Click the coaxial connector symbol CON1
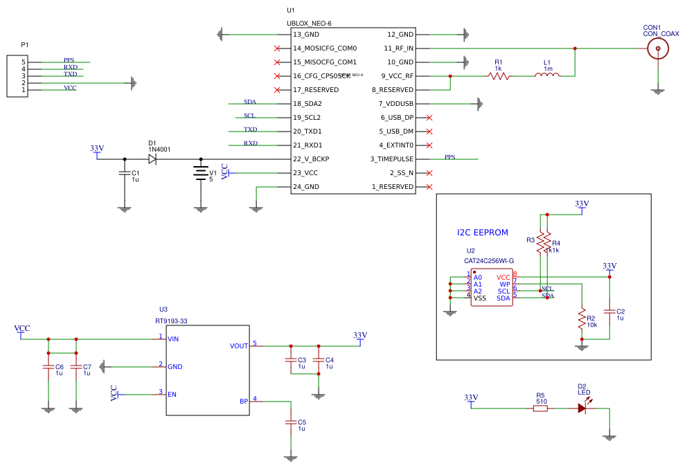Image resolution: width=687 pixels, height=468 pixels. [657, 48]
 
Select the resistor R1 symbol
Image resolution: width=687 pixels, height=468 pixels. [499, 76]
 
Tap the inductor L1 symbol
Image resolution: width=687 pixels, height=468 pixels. [547, 75]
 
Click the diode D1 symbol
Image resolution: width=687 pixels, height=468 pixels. [152, 159]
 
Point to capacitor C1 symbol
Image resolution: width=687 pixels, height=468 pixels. [125, 173]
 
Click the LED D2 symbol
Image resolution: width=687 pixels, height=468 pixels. [582, 408]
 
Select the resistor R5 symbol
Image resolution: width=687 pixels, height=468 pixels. [540, 408]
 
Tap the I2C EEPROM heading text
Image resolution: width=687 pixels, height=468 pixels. [483, 233]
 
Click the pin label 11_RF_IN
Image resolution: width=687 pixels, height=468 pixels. [399, 48]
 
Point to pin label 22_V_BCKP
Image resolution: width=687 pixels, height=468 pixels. [311, 159]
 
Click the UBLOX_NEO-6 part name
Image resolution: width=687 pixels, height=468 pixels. [309, 24]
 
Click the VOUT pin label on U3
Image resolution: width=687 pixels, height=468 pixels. [239, 346]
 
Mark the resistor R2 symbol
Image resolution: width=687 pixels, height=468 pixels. [582, 318]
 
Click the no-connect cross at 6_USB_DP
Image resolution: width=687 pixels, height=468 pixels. [429, 118]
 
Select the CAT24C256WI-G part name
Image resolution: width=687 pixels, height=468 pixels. [489, 261]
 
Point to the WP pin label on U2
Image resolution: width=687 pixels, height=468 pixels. [505, 284]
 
